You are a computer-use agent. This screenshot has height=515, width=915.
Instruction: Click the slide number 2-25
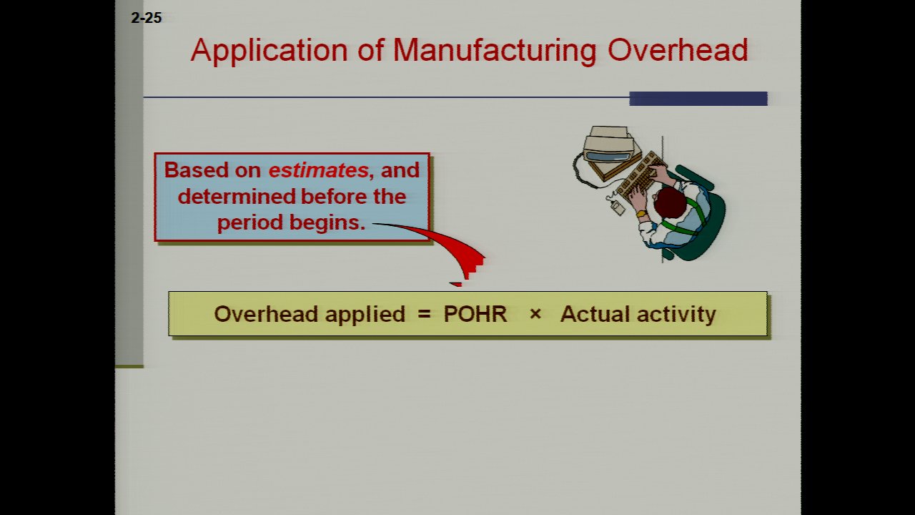[147, 18]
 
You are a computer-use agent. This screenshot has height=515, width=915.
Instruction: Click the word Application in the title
[269, 51]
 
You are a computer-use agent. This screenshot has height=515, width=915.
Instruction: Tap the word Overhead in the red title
[678, 50]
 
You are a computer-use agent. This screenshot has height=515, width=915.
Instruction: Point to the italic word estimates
[319, 170]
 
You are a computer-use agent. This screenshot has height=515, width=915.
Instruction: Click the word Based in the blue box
[196, 170]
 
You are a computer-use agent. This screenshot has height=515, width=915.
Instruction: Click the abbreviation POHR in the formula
[475, 314]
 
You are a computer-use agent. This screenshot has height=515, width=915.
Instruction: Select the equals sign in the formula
[425, 314]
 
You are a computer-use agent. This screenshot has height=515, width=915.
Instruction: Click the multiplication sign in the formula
[535, 314]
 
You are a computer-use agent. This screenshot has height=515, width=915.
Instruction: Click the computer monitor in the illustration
[608, 149]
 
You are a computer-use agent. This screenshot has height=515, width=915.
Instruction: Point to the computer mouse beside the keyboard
[617, 207]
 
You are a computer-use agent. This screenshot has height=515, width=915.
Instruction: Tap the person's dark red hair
[670, 202]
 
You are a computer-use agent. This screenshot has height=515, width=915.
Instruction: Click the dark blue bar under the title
[698, 99]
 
